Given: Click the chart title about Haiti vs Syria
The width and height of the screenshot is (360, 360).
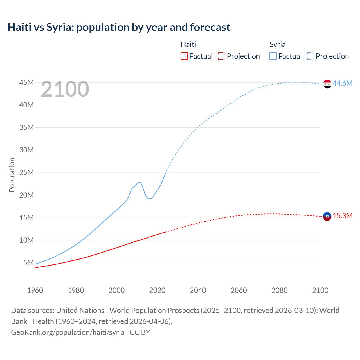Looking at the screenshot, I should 119,27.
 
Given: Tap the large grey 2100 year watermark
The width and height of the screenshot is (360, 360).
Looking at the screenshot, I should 65,89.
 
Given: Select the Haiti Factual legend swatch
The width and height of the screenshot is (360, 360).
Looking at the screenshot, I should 184,56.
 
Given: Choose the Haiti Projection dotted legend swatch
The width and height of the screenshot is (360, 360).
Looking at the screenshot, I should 222,56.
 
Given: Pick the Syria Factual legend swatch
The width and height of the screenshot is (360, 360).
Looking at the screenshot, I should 273,56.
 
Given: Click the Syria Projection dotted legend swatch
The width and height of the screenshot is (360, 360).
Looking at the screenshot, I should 311,56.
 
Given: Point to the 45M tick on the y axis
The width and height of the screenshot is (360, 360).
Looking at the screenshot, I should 26,82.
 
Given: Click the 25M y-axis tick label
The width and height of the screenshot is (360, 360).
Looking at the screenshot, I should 26,172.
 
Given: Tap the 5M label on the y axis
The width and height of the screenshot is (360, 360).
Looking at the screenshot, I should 28,263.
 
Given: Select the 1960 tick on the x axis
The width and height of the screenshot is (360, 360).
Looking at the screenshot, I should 35,290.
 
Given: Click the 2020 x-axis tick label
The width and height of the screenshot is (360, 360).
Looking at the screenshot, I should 157,290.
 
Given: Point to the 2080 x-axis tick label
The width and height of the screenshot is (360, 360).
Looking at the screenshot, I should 280,290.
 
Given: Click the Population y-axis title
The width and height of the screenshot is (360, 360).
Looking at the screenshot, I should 12,175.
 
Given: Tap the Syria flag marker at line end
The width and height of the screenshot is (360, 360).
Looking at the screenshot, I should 327,84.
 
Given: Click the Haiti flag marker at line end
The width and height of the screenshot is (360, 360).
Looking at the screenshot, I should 327,216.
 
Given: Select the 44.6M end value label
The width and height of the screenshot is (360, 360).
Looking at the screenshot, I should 342,83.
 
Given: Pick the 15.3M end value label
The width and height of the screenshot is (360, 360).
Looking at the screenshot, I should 343,216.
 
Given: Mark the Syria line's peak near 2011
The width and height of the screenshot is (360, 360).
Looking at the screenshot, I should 139,182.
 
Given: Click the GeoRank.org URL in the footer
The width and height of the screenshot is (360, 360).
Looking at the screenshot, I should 68,332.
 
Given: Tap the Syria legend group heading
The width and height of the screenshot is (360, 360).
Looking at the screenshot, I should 277,44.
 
